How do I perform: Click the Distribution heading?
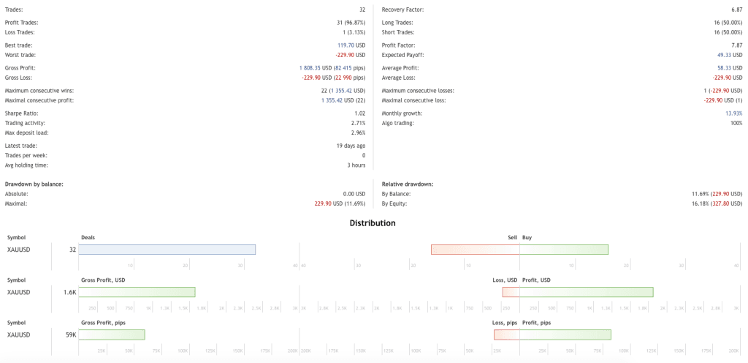click(x=373, y=222)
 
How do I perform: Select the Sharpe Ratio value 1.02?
click(x=360, y=113)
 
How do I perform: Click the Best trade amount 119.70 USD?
click(x=350, y=45)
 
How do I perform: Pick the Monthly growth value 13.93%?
click(x=733, y=113)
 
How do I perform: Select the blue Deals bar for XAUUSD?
click(x=167, y=250)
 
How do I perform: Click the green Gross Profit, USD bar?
click(x=137, y=292)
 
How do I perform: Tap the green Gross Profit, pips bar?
click(x=111, y=334)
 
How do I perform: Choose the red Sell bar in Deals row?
click(x=476, y=250)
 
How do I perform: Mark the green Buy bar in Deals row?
click(x=564, y=250)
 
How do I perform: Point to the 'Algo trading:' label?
click(x=398, y=123)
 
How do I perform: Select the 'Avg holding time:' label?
click(x=28, y=165)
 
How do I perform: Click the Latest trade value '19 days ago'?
click(x=350, y=146)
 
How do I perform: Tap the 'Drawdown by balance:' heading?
click(x=34, y=184)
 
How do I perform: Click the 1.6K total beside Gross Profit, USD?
click(x=69, y=292)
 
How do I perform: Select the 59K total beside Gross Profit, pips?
click(x=70, y=334)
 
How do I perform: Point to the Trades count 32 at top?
click(x=362, y=10)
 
